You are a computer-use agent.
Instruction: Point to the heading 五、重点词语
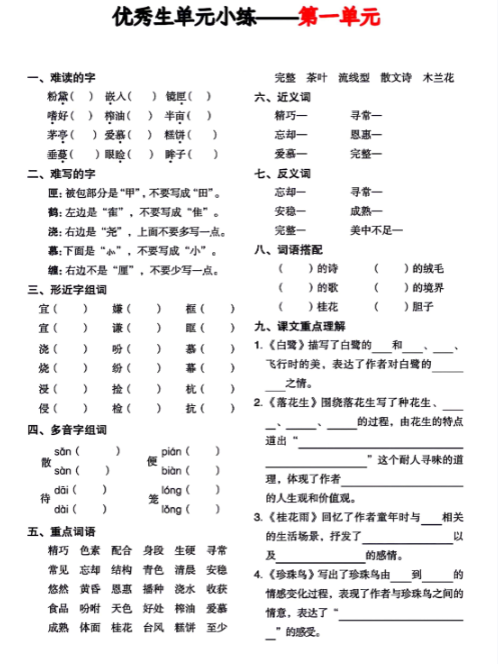pos(63,531)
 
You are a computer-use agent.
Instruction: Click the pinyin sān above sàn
pos(63,452)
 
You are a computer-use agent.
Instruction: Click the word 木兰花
pos(438,77)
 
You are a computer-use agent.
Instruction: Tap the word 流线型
pos(354,77)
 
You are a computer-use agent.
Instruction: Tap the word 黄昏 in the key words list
pos(90,588)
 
